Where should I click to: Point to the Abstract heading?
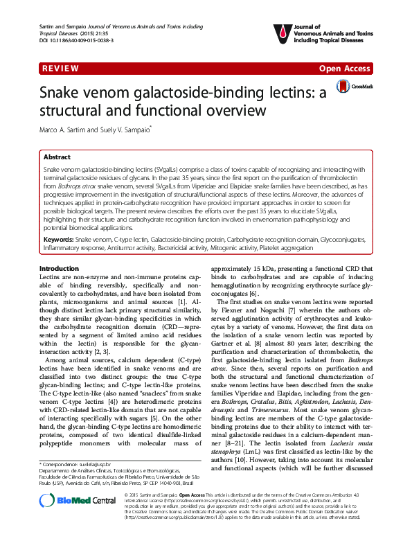(57, 157)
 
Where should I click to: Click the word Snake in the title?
(64, 94)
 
